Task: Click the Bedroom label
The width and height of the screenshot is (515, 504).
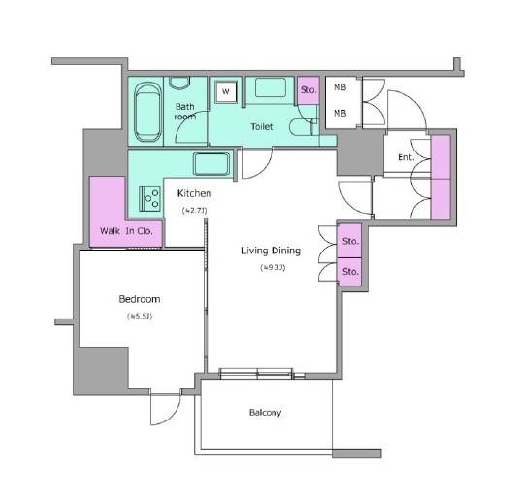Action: click(x=140, y=299)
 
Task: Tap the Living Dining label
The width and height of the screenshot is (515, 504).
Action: click(x=271, y=251)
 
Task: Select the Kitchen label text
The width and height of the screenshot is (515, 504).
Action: click(x=194, y=193)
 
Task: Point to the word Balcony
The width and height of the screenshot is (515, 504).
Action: click(x=265, y=413)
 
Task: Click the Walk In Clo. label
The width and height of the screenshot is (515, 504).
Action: click(x=126, y=231)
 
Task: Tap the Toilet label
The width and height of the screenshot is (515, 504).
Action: click(x=262, y=126)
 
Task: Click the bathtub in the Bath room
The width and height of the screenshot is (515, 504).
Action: click(x=148, y=112)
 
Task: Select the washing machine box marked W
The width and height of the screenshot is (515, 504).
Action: click(x=226, y=91)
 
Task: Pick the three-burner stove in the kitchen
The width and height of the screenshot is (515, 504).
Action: click(x=149, y=198)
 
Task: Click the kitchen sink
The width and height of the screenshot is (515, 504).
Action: click(x=211, y=164)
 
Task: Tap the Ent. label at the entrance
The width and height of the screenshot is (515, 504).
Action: click(x=406, y=157)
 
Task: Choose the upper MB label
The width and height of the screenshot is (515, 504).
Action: click(x=340, y=87)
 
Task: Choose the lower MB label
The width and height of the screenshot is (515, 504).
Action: click(x=340, y=113)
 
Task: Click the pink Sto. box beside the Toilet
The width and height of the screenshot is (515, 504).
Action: click(x=308, y=90)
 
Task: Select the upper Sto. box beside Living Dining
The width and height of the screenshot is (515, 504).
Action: click(x=350, y=241)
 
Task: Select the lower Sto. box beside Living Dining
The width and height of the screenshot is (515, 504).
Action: click(x=350, y=272)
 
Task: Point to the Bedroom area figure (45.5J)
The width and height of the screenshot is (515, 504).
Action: click(x=140, y=316)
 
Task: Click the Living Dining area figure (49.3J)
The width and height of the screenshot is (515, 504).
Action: click(x=273, y=268)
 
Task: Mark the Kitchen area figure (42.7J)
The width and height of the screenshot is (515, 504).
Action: click(x=194, y=210)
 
